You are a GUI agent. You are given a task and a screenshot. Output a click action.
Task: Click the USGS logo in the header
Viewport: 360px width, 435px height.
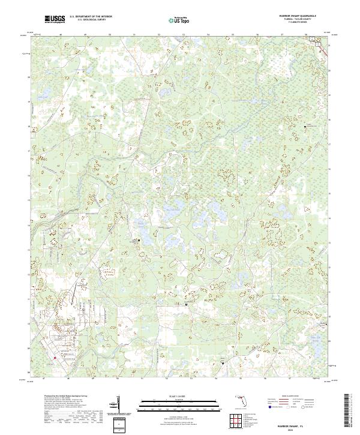point(55,19)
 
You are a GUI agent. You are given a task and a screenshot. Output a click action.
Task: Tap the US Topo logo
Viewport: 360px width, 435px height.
point(178,20)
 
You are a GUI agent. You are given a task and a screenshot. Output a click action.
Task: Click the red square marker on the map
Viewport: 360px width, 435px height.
point(54,358)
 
